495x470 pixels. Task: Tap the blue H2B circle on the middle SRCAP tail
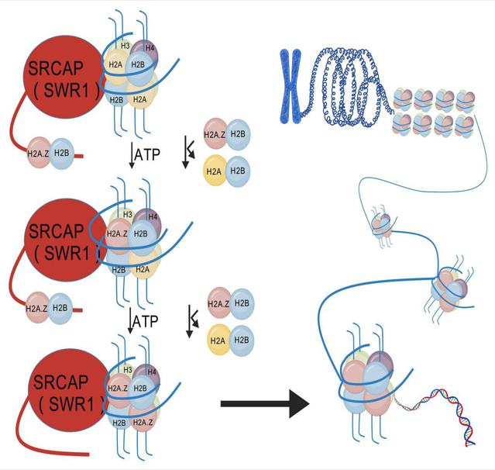pos(61,308)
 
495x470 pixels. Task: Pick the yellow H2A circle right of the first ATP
pos(214,171)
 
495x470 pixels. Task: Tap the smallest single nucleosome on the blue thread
pos(382,224)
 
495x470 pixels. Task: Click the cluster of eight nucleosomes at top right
pos(433,112)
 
